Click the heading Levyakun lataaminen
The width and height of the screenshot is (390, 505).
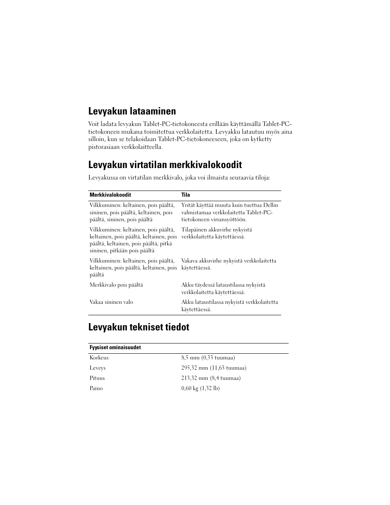132,111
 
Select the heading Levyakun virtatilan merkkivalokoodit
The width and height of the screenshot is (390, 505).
165,165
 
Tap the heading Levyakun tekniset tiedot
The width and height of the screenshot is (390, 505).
139,328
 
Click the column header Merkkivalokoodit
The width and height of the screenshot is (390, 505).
110,195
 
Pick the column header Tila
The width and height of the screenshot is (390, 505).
186,195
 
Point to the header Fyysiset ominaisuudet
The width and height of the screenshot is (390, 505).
115,348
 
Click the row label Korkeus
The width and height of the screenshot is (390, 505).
99,358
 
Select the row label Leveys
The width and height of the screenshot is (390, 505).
97,368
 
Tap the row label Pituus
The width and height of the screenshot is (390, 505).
97,378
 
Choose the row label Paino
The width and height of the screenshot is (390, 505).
96,388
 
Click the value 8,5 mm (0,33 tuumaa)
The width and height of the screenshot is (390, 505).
208,358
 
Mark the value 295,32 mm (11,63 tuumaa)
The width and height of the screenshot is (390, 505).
213,368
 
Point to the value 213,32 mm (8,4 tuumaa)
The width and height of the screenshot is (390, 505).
211,378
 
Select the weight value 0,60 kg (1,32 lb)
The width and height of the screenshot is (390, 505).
200,388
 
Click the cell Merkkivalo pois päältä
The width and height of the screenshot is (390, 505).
116,285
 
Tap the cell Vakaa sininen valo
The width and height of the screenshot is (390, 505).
111,302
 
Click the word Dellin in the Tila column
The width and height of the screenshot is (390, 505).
271,205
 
